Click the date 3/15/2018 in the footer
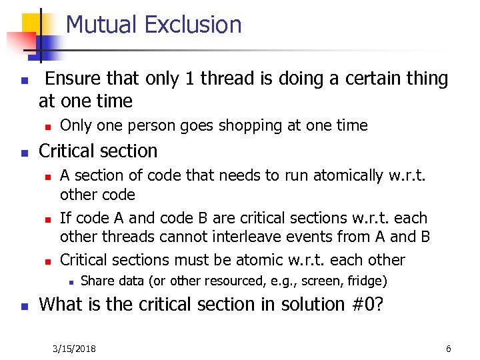click(74, 349)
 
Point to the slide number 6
click(449, 349)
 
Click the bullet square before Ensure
click(24, 81)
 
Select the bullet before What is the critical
click(24, 306)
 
